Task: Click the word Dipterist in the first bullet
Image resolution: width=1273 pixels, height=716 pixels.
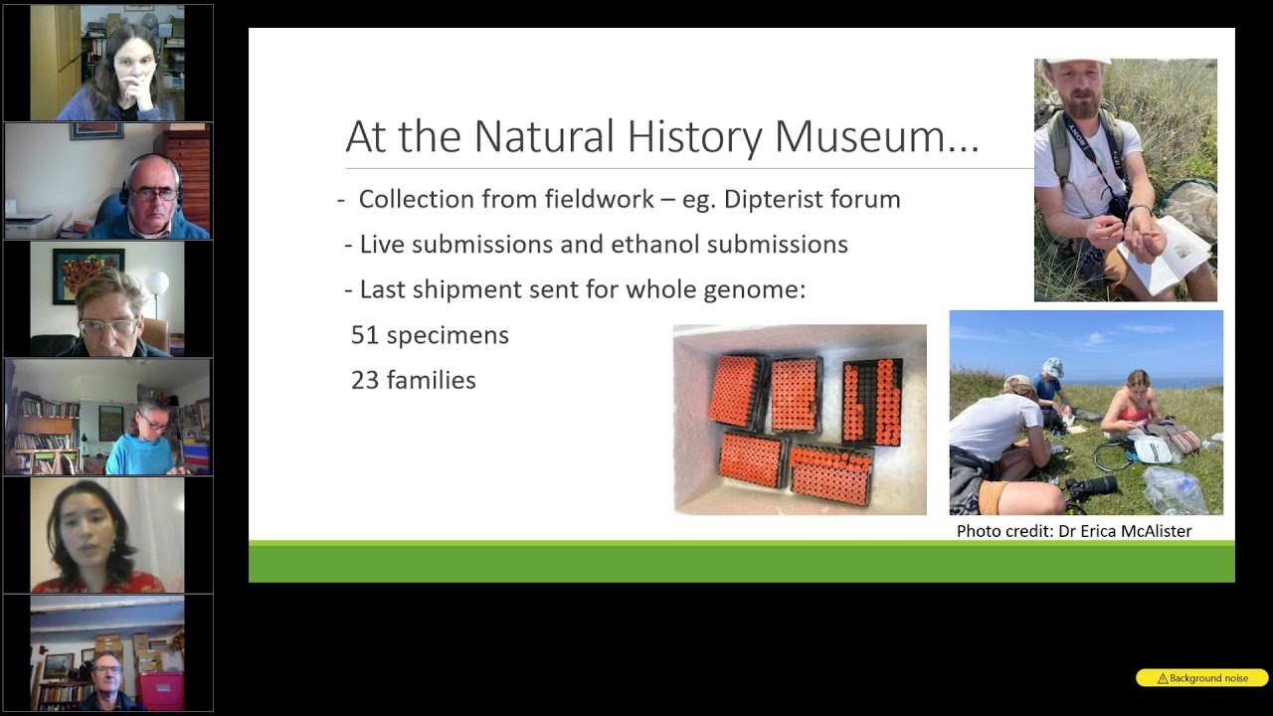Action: coord(782,199)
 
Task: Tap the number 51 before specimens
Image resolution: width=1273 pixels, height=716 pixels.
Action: coord(365,335)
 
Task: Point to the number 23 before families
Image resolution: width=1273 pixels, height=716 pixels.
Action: coord(365,380)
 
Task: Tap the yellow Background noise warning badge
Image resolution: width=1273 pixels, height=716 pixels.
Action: coord(1201,678)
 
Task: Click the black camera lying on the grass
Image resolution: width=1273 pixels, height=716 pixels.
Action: coord(1091,487)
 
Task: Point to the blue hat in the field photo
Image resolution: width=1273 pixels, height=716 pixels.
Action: coord(1052,367)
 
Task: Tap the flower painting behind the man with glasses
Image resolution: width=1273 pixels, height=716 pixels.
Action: coord(88,275)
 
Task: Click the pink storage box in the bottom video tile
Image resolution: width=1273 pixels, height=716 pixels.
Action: coord(160,689)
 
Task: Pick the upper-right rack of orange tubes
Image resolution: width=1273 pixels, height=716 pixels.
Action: coord(873,401)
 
